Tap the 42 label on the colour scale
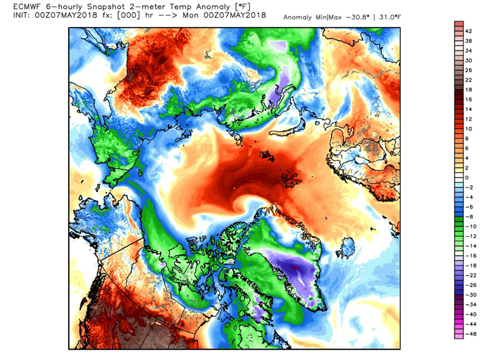[x=468, y=31]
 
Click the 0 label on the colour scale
[x=467, y=178]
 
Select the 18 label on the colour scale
[x=468, y=90]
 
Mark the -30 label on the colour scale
[x=468, y=295]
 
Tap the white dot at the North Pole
[x=234, y=189]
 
